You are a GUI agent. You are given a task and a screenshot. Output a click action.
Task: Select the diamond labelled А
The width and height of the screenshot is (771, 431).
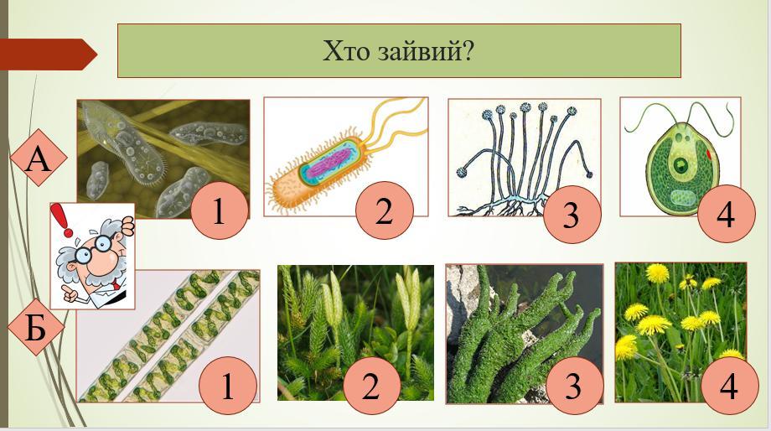click(39, 158)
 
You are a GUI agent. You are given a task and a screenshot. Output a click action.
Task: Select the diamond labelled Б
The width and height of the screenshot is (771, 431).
click(36, 327)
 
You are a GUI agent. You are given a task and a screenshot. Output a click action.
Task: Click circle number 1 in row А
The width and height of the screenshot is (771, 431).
click(220, 210)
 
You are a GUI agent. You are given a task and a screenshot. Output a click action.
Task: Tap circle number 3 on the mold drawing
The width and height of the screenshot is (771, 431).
click(572, 215)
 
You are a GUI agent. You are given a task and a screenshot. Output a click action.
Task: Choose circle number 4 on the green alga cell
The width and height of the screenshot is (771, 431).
click(727, 214)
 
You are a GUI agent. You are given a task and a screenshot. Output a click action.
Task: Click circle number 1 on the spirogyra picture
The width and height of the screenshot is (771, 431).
click(228, 385)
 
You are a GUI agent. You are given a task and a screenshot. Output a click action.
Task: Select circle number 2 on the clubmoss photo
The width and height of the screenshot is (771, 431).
click(372, 385)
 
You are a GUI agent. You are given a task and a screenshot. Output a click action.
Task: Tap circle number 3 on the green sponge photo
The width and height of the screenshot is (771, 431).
click(574, 385)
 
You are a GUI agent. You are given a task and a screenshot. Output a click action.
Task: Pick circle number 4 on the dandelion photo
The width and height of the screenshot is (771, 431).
click(729, 385)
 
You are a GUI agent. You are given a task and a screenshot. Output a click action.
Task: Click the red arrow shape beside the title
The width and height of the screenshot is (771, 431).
click(49, 55)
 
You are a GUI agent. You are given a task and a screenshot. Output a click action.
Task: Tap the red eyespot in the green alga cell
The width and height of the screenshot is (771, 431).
click(709, 154)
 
